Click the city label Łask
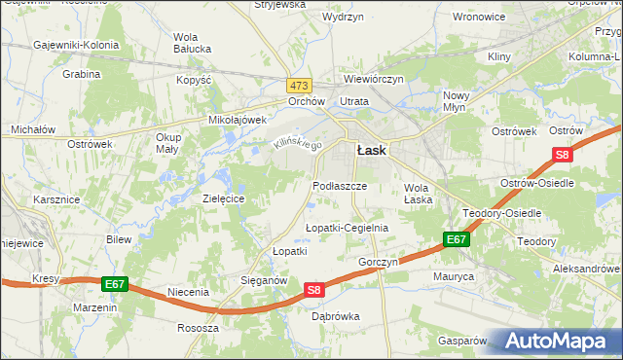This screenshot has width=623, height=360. coord(371,151)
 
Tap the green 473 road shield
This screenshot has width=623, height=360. coord(299,85)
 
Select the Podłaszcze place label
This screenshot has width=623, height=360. coord(340,185)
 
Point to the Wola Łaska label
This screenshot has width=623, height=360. coord(417,194)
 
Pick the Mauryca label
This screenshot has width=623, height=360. coord(454,276)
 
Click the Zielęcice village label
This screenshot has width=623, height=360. coord(222,198)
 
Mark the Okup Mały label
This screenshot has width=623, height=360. coord(168,143)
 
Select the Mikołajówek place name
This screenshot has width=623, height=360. coord(238,120)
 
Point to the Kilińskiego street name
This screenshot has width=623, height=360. coord(296,143)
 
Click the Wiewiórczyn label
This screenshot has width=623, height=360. coord(373,79)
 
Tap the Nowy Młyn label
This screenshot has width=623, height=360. coord(457,101)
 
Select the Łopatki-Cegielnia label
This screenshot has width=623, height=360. coord(347,228)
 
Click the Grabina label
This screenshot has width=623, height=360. coord(82,74)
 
